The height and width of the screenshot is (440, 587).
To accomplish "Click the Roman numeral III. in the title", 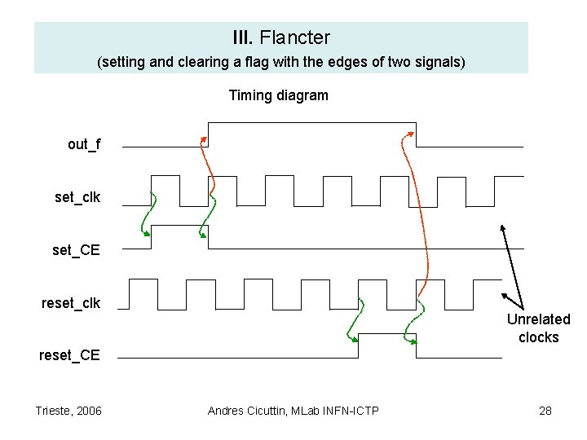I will [x=243, y=37].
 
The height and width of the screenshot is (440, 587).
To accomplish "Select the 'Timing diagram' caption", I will [x=279, y=95].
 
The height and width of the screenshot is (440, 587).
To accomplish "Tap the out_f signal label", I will [x=85, y=144].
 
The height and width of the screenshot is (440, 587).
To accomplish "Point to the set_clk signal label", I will [x=77, y=197].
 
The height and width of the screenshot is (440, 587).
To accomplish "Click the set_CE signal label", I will [x=76, y=250].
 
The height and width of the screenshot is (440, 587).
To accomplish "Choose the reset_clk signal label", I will [x=71, y=303].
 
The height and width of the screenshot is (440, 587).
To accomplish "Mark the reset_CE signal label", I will [x=70, y=355].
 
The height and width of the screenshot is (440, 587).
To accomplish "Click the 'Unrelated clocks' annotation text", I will [x=538, y=328].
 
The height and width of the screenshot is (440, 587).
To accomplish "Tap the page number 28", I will [x=545, y=411].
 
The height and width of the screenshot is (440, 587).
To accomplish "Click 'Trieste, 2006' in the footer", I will [x=68, y=411].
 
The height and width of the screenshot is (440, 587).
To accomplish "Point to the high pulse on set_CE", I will [x=179, y=226].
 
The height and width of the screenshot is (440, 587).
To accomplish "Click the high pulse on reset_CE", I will [x=387, y=334].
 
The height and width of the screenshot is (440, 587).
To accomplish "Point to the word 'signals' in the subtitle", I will [x=437, y=62].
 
